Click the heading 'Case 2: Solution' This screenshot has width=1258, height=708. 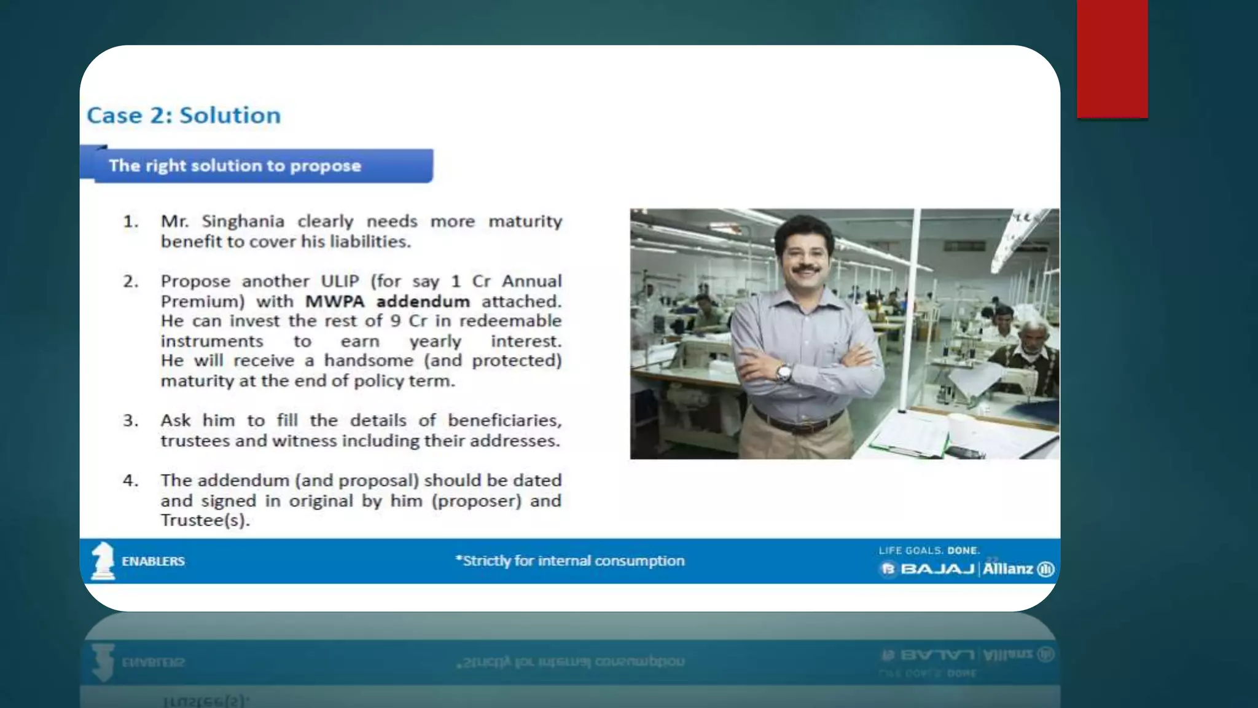(184, 116)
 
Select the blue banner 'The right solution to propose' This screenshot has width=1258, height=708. (256, 165)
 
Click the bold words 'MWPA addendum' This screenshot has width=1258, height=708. (387, 302)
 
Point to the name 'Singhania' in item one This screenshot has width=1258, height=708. (243, 221)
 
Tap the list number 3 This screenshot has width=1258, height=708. (130, 421)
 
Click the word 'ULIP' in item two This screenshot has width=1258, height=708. (340, 281)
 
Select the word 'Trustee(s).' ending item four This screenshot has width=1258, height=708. (205, 521)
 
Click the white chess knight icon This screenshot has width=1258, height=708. (103, 560)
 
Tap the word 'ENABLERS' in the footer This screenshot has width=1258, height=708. (153, 561)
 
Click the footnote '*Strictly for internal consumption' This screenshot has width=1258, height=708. (570, 560)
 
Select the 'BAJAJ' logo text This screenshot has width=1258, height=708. (937, 569)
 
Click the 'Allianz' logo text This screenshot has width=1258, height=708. (1007, 569)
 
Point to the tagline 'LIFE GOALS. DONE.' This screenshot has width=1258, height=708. (929, 551)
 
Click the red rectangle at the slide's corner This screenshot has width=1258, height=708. (1112, 58)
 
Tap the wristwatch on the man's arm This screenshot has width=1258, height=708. (783, 372)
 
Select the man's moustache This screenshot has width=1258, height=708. (806, 269)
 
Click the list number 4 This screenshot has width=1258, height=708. (130, 481)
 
